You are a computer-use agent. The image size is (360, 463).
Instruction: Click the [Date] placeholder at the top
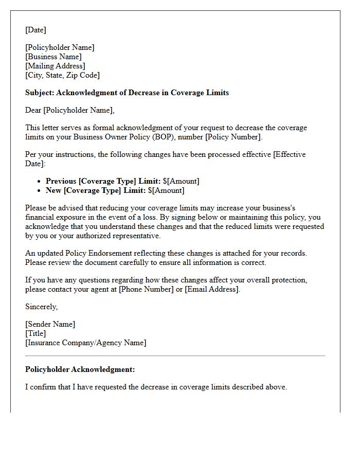pyautogui.click(x=35, y=30)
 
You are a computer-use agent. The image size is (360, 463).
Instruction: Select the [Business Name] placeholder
pyautogui.click(x=53, y=57)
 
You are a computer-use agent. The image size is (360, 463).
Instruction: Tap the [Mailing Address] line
pyautogui.click(x=55, y=66)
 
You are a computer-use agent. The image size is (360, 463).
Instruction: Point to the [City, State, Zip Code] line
pyautogui.click(x=62, y=75)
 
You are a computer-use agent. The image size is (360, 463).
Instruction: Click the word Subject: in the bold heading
pyautogui.click(x=40, y=93)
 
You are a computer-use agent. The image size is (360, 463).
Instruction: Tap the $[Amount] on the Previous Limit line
pyautogui.click(x=181, y=181)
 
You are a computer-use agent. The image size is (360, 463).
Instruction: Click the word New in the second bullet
pyautogui.click(x=54, y=190)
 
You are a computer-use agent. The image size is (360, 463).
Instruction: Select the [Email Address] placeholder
pyautogui.click(x=211, y=289)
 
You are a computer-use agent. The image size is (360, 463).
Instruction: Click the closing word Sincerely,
pyautogui.click(x=42, y=307)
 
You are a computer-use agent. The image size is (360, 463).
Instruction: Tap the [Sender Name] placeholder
pyautogui.click(x=50, y=324)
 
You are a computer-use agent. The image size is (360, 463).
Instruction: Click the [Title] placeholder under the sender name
pyautogui.click(x=35, y=333)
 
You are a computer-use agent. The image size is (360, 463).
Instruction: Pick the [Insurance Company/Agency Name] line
pyautogui.click(x=85, y=343)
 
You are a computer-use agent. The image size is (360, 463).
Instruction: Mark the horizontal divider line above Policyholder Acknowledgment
pyautogui.click(x=175, y=355)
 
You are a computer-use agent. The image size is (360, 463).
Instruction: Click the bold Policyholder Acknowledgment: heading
pyautogui.click(x=80, y=369)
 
